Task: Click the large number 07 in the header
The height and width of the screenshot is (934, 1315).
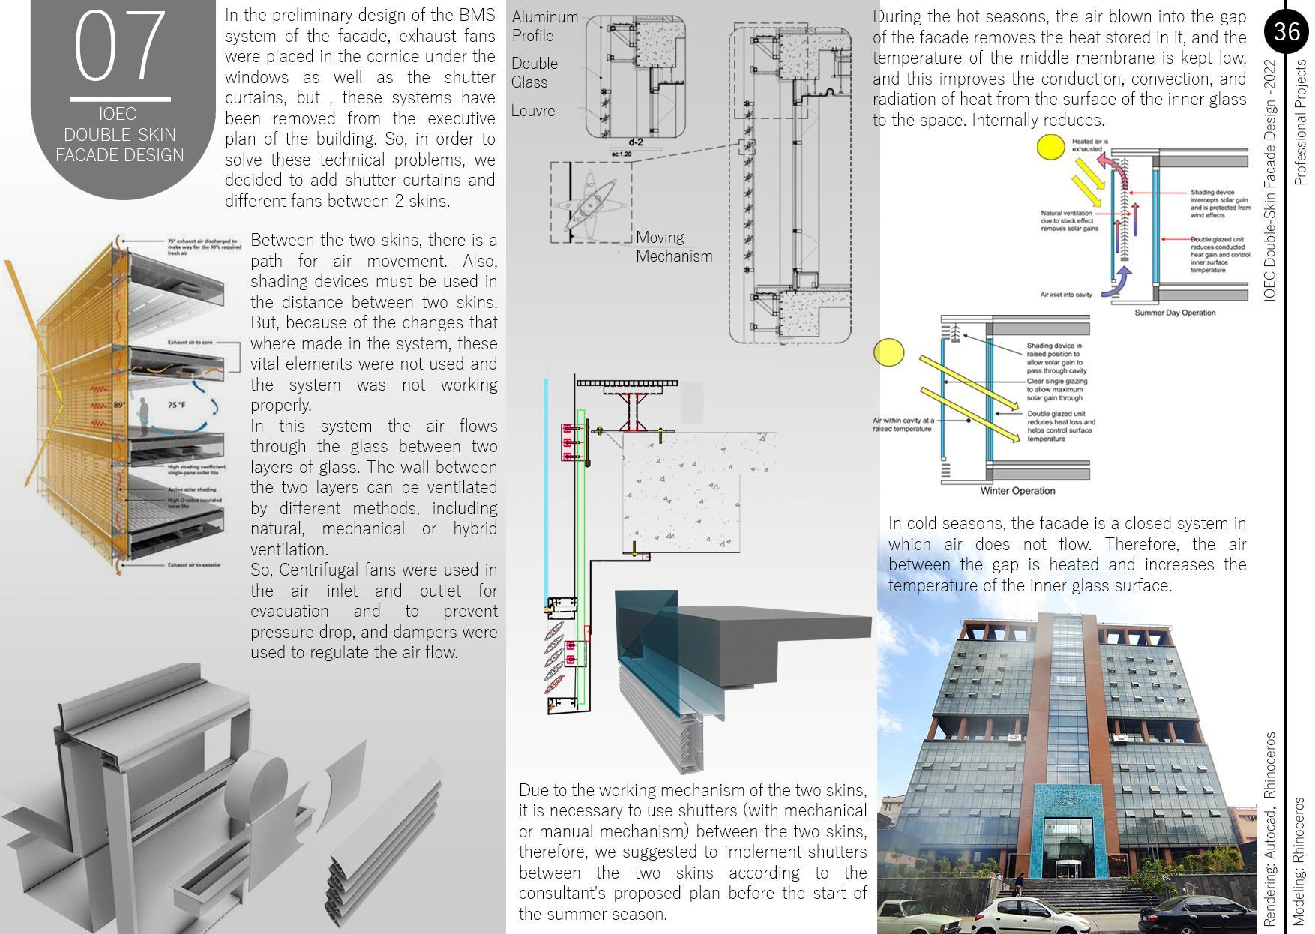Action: pyautogui.click(x=120, y=46)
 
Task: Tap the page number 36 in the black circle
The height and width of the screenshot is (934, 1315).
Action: pyautogui.click(x=1286, y=31)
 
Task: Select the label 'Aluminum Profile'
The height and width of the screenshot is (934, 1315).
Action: pyautogui.click(x=545, y=26)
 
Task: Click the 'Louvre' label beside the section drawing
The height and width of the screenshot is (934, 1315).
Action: pyautogui.click(x=533, y=111)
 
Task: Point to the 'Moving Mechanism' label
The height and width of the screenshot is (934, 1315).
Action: pyautogui.click(x=673, y=247)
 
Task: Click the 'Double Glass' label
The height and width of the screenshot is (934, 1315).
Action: pyautogui.click(x=535, y=73)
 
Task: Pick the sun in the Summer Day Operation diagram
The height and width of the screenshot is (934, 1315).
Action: pyautogui.click(x=1050, y=147)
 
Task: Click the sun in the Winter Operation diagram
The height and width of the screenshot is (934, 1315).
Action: pyautogui.click(x=889, y=352)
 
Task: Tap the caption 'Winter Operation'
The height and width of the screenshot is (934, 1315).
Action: pyautogui.click(x=1017, y=491)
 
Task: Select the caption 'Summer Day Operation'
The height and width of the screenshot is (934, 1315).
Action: pyautogui.click(x=1174, y=313)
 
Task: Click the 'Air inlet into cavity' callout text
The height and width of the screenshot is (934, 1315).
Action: pyautogui.click(x=1065, y=295)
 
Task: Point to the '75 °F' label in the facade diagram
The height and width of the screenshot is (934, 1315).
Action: pyautogui.click(x=177, y=405)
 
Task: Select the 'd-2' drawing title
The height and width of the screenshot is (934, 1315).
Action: pyautogui.click(x=636, y=142)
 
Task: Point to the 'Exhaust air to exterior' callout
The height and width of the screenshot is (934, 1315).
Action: pyautogui.click(x=194, y=564)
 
